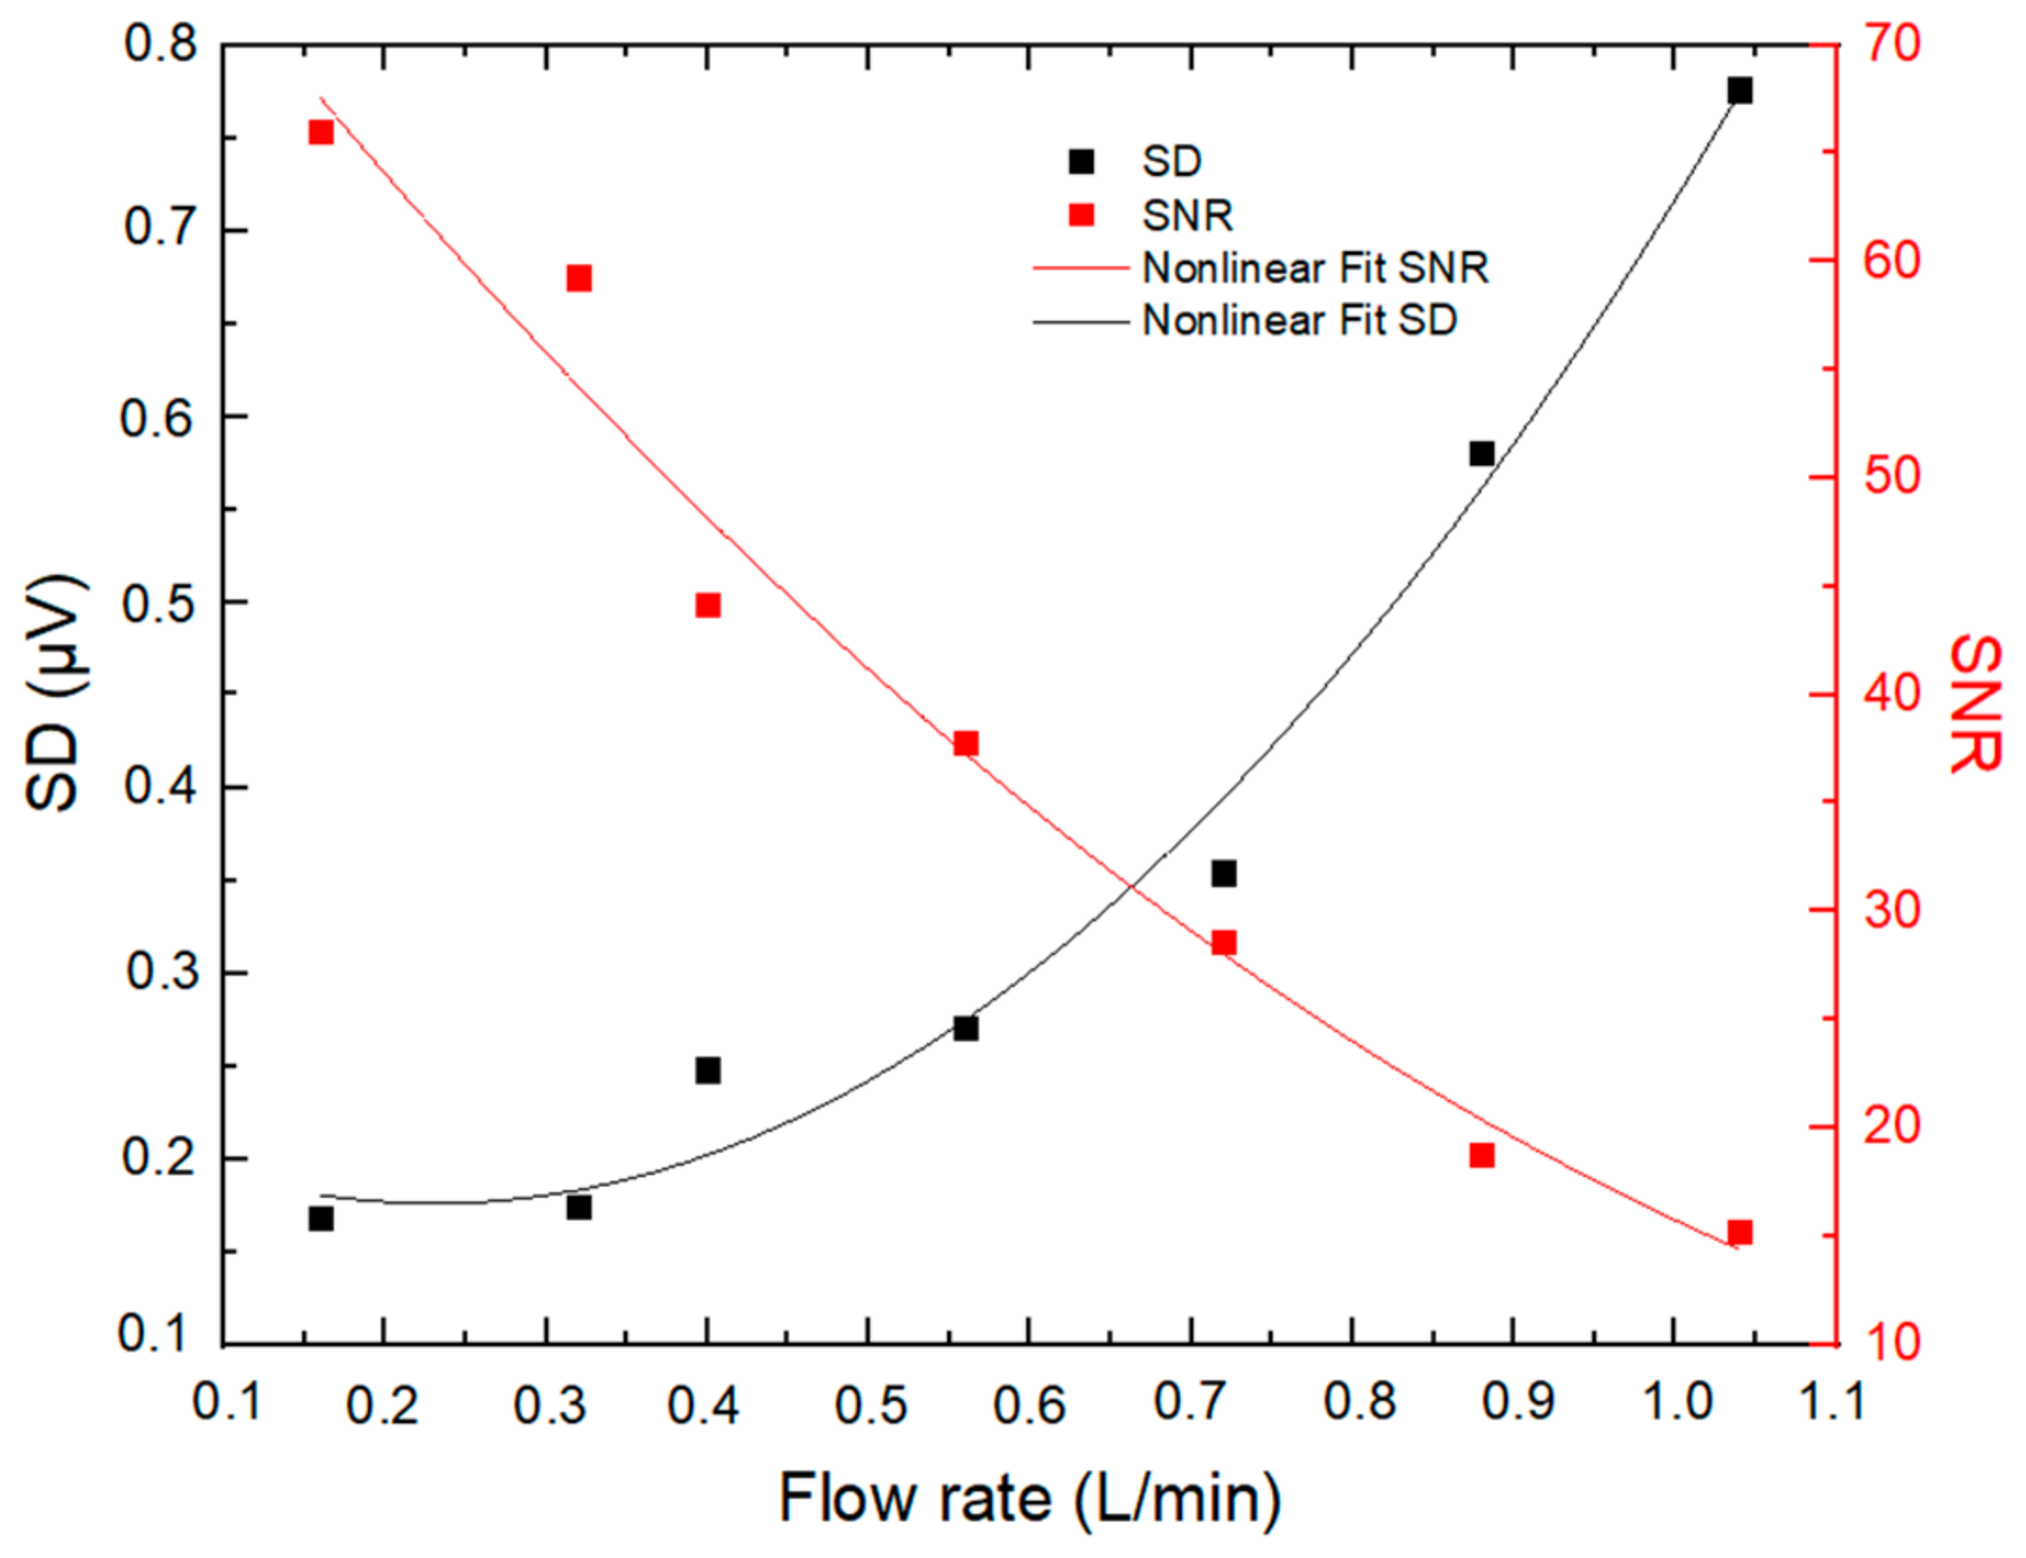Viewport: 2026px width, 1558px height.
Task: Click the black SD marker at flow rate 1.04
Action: point(1739,91)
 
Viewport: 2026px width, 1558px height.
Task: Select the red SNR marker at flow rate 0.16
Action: point(322,133)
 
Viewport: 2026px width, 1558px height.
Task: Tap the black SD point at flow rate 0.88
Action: point(1481,454)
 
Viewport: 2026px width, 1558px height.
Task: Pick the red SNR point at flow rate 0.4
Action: point(708,605)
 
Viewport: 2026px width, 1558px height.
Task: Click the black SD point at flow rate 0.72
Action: point(1224,874)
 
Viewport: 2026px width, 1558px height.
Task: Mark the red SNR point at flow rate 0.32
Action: point(579,278)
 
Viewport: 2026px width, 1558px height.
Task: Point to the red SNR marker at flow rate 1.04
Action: point(1740,1232)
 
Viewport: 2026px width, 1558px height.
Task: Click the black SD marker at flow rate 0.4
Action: point(708,1071)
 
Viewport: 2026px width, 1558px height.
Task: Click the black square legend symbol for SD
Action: point(1082,162)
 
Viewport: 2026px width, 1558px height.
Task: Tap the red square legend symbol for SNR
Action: point(1082,215)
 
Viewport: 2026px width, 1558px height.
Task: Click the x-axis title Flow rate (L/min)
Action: point(1030,1497)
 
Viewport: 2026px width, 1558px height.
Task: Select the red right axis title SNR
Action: point(1973,704)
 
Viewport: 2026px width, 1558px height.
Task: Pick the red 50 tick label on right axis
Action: point(1891,476)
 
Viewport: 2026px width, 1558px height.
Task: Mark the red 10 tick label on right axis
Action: point(1891,1343)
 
